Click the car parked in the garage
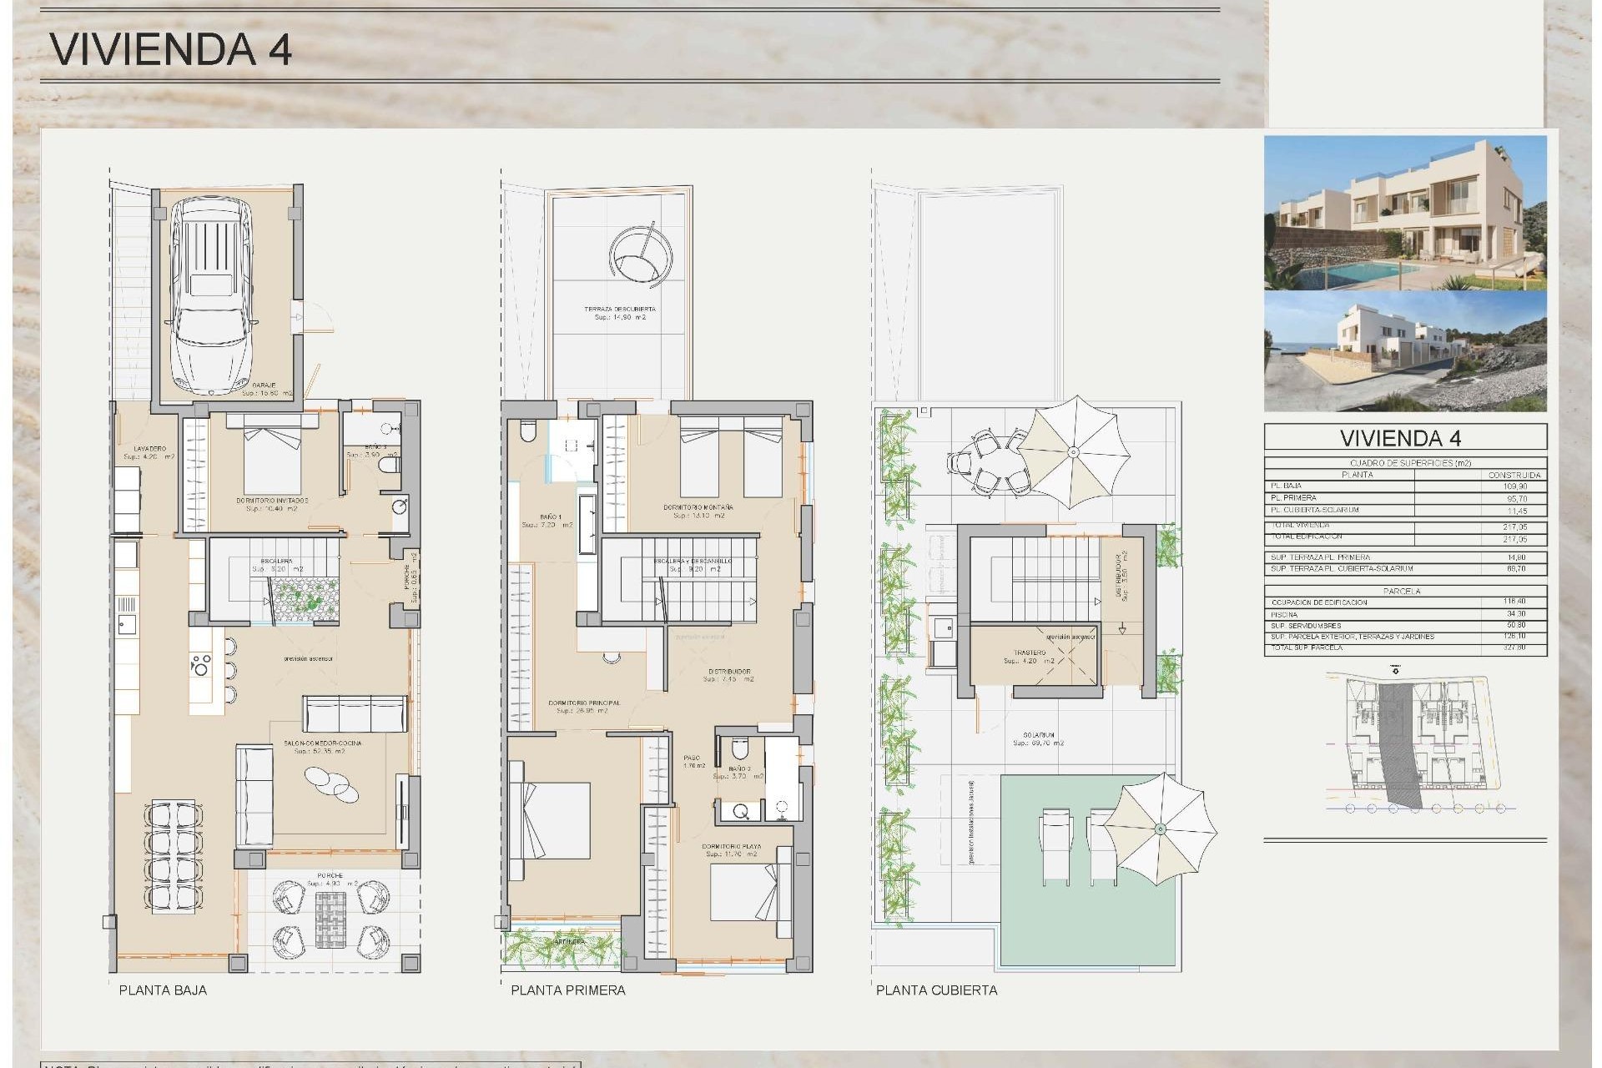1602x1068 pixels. (212, 296)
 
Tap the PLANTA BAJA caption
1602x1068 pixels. (163, 990)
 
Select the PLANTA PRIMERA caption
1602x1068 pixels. (567, 990)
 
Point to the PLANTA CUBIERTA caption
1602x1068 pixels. (936, 990)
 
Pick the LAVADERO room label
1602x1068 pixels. (150, 449)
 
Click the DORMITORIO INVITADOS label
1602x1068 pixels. (272, 501)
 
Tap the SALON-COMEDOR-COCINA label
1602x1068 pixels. (322, 743)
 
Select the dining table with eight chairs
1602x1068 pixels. (174, 855)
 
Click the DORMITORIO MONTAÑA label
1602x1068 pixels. (698, 507)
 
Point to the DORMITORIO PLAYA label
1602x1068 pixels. (731, 847)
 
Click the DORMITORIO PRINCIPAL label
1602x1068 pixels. (584, 703)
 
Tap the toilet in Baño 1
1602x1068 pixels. (527, 431)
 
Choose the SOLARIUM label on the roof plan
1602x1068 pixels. (1038, 735)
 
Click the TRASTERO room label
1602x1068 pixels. (1030, 653)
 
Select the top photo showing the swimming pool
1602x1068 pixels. (1405, 213)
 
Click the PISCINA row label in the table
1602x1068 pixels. (1284, 615)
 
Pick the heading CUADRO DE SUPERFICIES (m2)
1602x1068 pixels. (1410, 463)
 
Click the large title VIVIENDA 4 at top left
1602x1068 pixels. (171, 49)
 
